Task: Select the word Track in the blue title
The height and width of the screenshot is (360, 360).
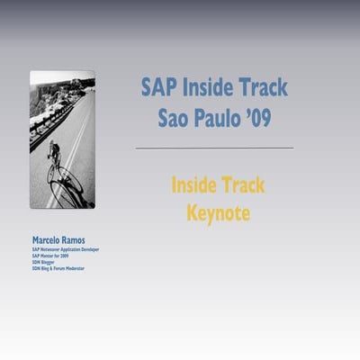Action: [262, 87]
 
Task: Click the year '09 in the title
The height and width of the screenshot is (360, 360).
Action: [259, 117]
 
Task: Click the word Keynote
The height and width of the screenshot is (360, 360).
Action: [217, 213]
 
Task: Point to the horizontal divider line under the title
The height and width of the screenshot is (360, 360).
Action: [214, 148]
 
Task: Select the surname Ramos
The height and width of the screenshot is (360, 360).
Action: [83, 240]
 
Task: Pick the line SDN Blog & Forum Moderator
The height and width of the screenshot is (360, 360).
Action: [58, 268]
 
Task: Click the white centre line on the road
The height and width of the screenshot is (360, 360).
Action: [76, 135]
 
